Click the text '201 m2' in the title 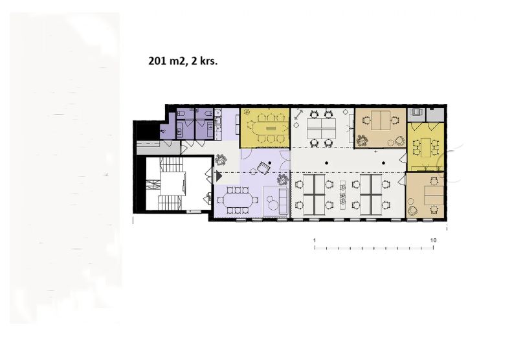tap(166, 61)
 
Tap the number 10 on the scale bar tap(433, 240)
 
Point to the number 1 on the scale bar tap(315, 240)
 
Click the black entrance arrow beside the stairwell tap(218, 176)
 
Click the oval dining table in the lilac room tap(238, 200)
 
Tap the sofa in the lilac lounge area tap(283, 200)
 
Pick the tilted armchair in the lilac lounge tap(263, 168)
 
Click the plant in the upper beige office tap(362, 141)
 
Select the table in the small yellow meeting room tap(426, 148)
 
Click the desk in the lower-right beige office tap(434, 195)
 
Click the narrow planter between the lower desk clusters tap(343, 195)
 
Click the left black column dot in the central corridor tap(326, 163)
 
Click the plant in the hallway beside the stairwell tap(221, 160)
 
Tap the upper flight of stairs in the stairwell tap(170, 163)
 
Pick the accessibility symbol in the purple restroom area tap(163, 131)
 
